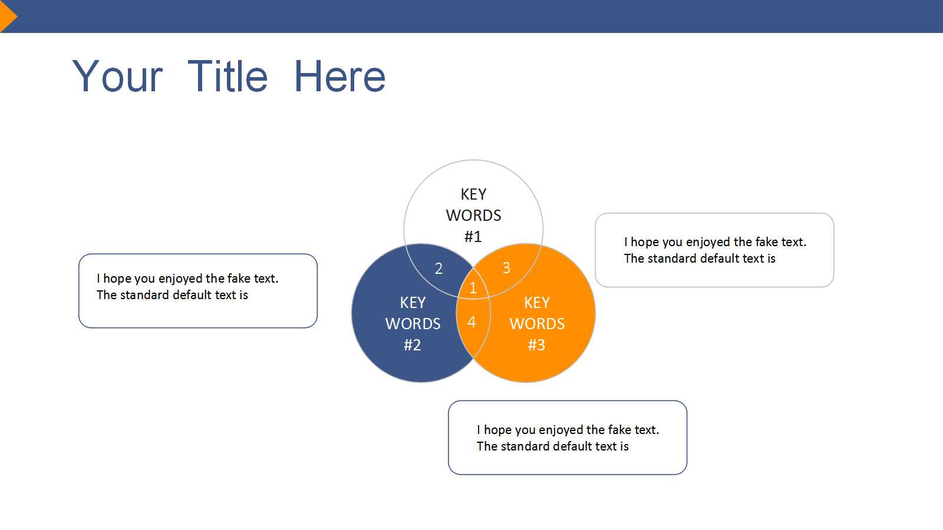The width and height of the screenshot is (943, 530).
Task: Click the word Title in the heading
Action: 227,76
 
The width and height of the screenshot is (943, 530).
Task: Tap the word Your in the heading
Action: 117,76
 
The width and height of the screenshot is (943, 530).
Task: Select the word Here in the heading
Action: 339,76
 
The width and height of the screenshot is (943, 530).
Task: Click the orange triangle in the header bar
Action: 8,16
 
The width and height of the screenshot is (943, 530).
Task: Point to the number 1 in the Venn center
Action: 473,288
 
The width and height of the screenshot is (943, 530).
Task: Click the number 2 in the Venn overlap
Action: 438,269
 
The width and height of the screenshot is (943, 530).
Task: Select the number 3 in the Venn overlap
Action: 506,267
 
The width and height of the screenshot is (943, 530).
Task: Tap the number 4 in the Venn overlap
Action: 471,322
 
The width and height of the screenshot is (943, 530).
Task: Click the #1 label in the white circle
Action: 473,237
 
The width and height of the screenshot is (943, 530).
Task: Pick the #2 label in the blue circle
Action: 412,345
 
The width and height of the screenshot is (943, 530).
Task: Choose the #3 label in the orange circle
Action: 536,345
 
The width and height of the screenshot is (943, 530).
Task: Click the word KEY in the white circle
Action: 473,194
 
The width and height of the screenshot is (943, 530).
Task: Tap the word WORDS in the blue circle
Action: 413,324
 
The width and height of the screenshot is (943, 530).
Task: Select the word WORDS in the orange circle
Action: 537,324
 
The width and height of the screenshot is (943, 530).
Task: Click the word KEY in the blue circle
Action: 413,303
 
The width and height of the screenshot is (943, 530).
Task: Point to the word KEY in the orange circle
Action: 537,303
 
